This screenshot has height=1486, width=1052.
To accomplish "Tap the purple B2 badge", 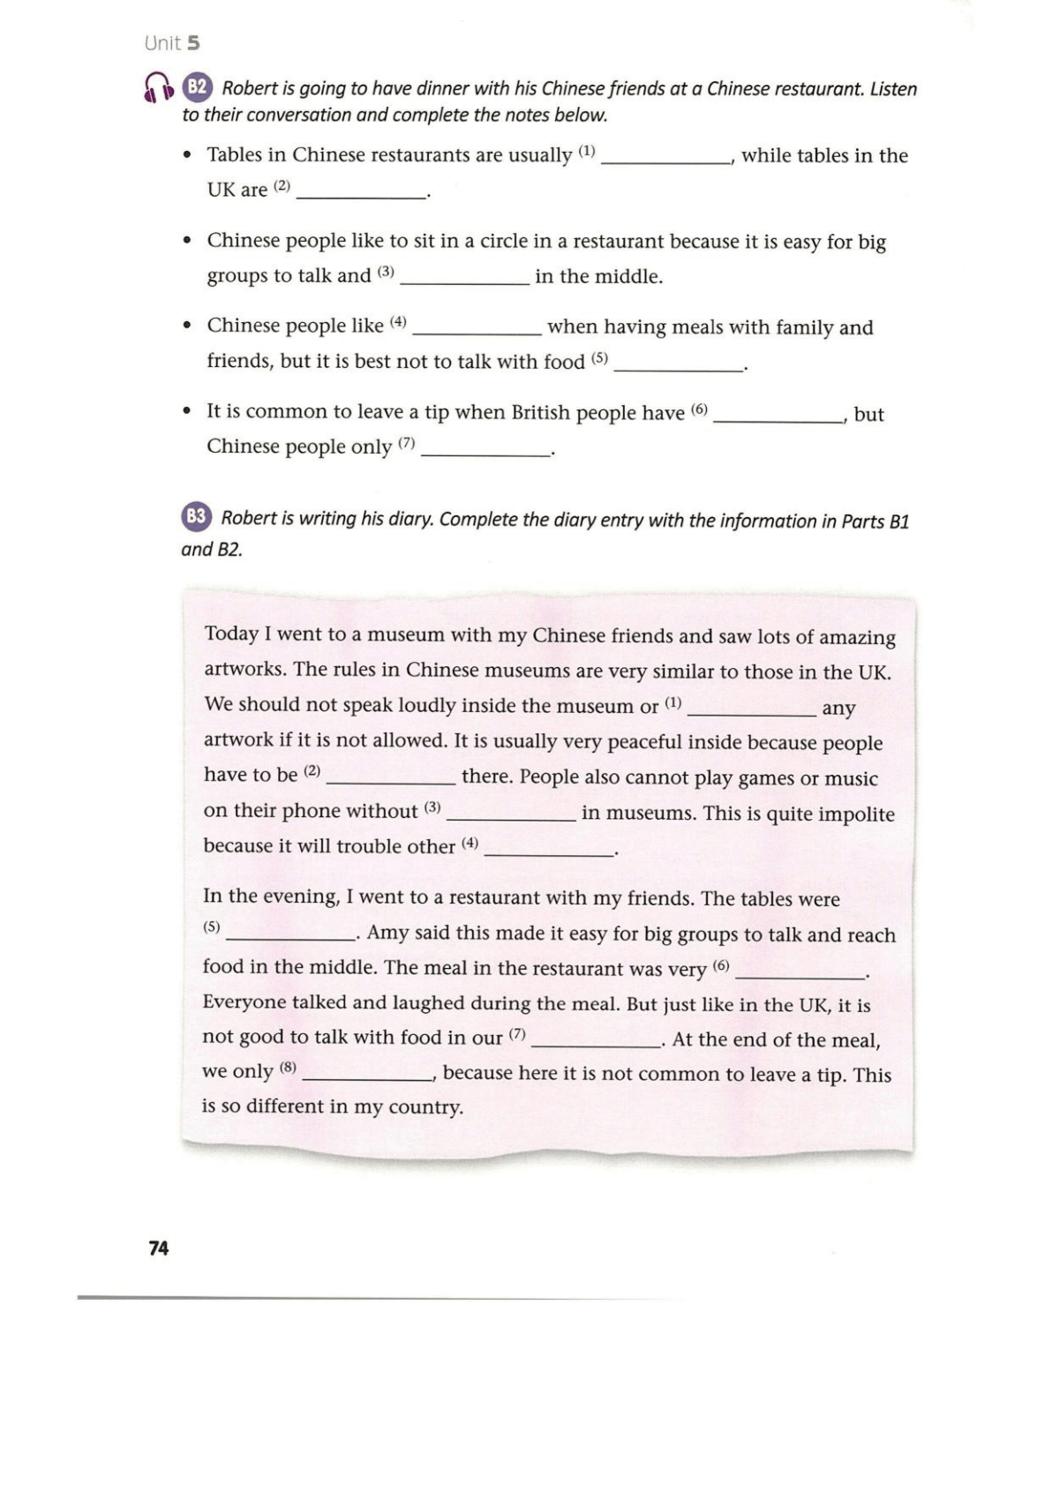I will [x=197, y=86].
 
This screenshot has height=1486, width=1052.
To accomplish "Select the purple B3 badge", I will [x=196, y=517].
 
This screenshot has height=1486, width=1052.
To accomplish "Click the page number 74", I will [x=159, y=1248].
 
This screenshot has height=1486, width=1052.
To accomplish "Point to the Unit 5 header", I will [x=172, y=42].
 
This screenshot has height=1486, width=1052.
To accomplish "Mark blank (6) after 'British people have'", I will [x=778, y=416].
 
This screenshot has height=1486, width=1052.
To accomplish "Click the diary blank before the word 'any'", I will [x=752, y=709].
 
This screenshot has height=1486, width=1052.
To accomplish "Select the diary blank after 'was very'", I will [x=800, y=971].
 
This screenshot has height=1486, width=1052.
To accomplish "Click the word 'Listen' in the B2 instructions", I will [x=893, y=89].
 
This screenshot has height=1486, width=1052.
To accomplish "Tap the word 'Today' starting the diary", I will [x=230, y=634].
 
